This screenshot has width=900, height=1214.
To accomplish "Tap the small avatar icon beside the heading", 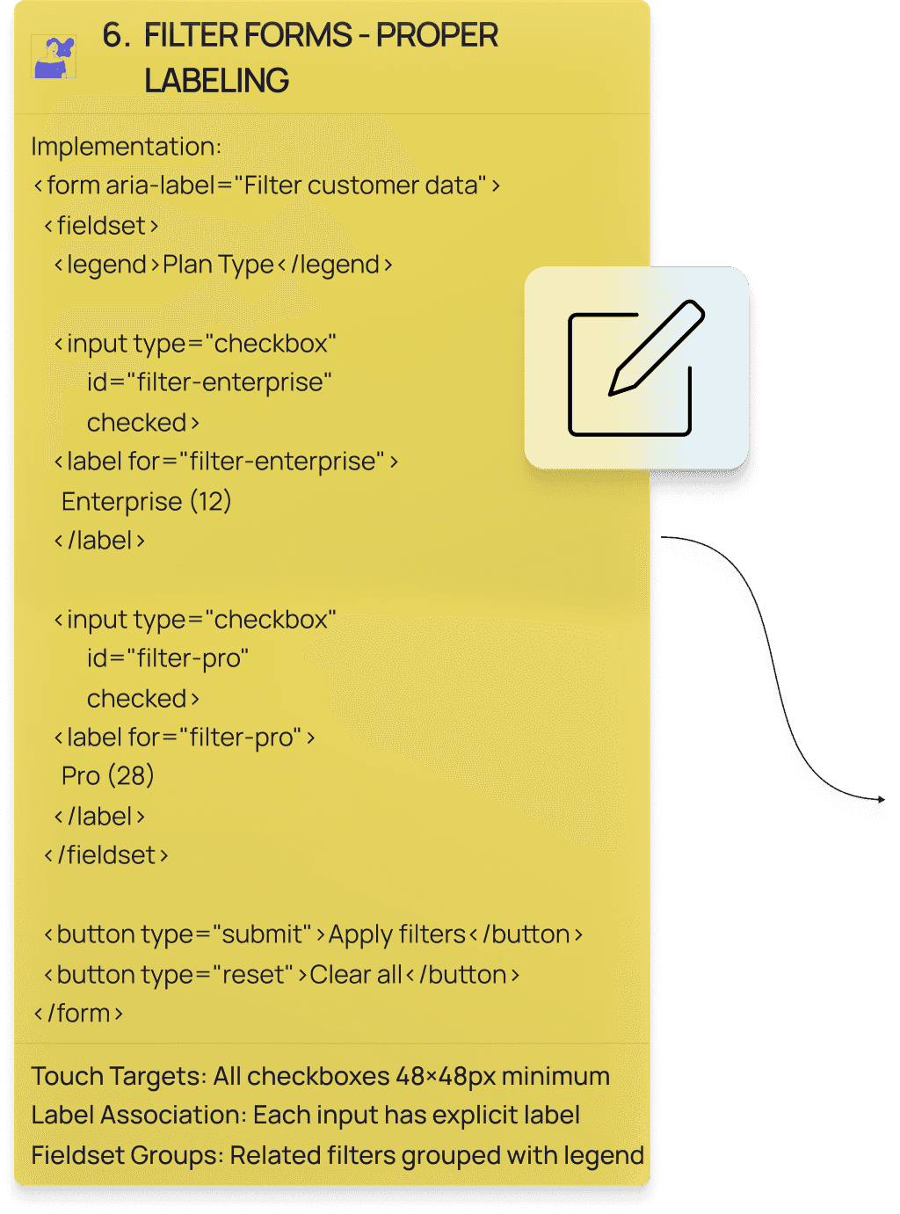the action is pos(54,57).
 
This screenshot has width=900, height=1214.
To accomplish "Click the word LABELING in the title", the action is pos(216,81).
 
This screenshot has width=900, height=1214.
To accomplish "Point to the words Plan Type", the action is pos(218,265).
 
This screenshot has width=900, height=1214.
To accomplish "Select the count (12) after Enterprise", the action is pos(211,501).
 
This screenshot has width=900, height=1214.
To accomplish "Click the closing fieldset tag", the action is pos(106,855).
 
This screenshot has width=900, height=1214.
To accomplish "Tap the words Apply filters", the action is pos(396,934).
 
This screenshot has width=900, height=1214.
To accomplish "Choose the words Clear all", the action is pos(355,975).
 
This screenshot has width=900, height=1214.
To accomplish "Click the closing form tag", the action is pos(78,1014).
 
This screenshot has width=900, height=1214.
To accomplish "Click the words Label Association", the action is pos(137,1116).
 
